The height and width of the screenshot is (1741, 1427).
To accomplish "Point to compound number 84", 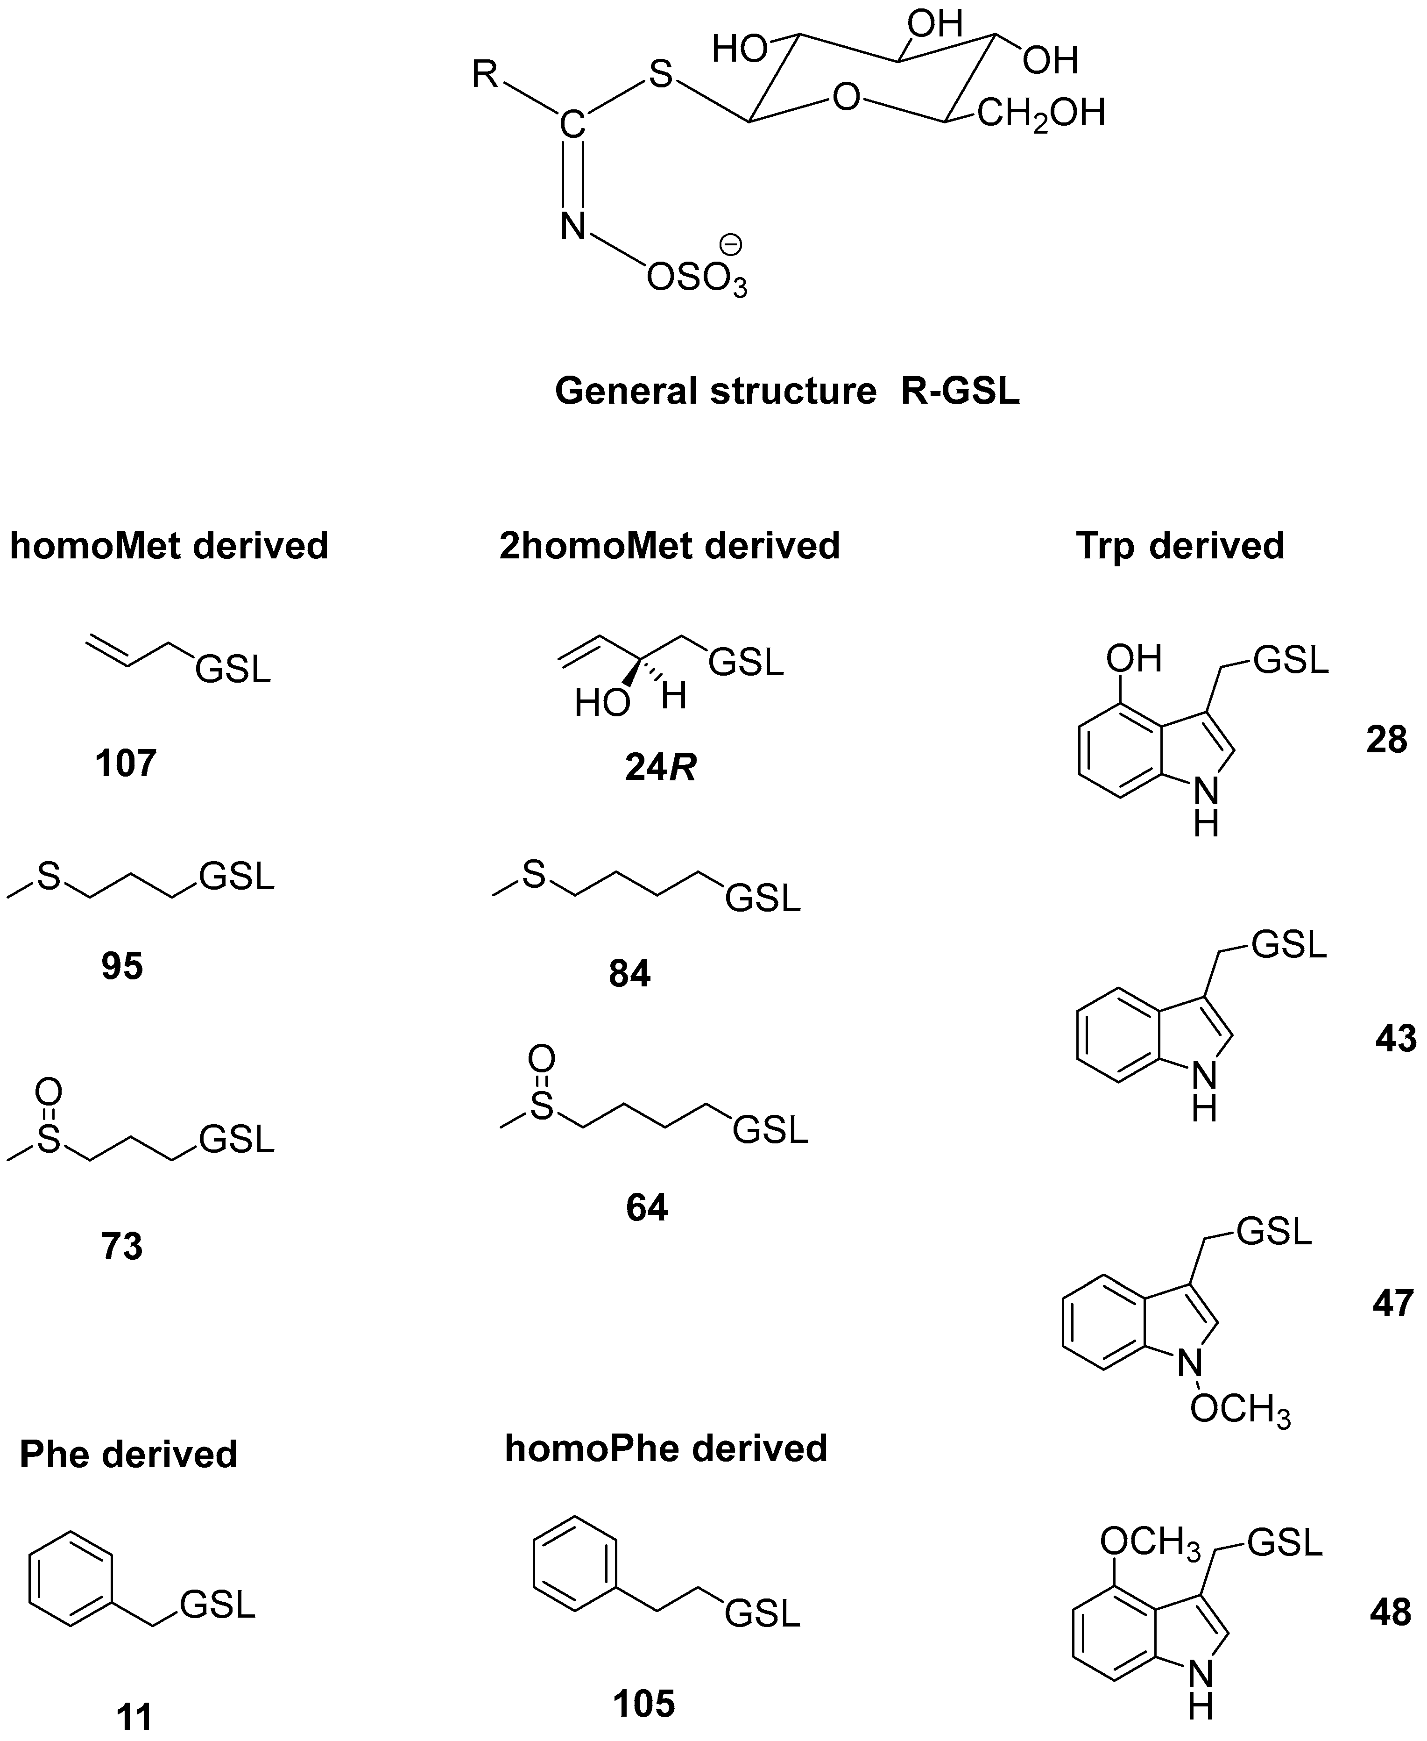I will tap(629, 974).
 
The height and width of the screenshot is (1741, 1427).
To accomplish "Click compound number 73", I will tap(122, 1247).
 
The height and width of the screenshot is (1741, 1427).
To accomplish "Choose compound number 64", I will tap(647, 1208).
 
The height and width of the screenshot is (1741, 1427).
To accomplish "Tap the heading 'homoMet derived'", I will tap(170, 545).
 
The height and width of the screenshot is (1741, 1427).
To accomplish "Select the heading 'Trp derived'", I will tap(1180, 545).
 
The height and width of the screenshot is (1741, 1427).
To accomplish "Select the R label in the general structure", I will tap(485, 76).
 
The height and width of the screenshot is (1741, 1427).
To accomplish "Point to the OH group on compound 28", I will tap(1134, 658).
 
